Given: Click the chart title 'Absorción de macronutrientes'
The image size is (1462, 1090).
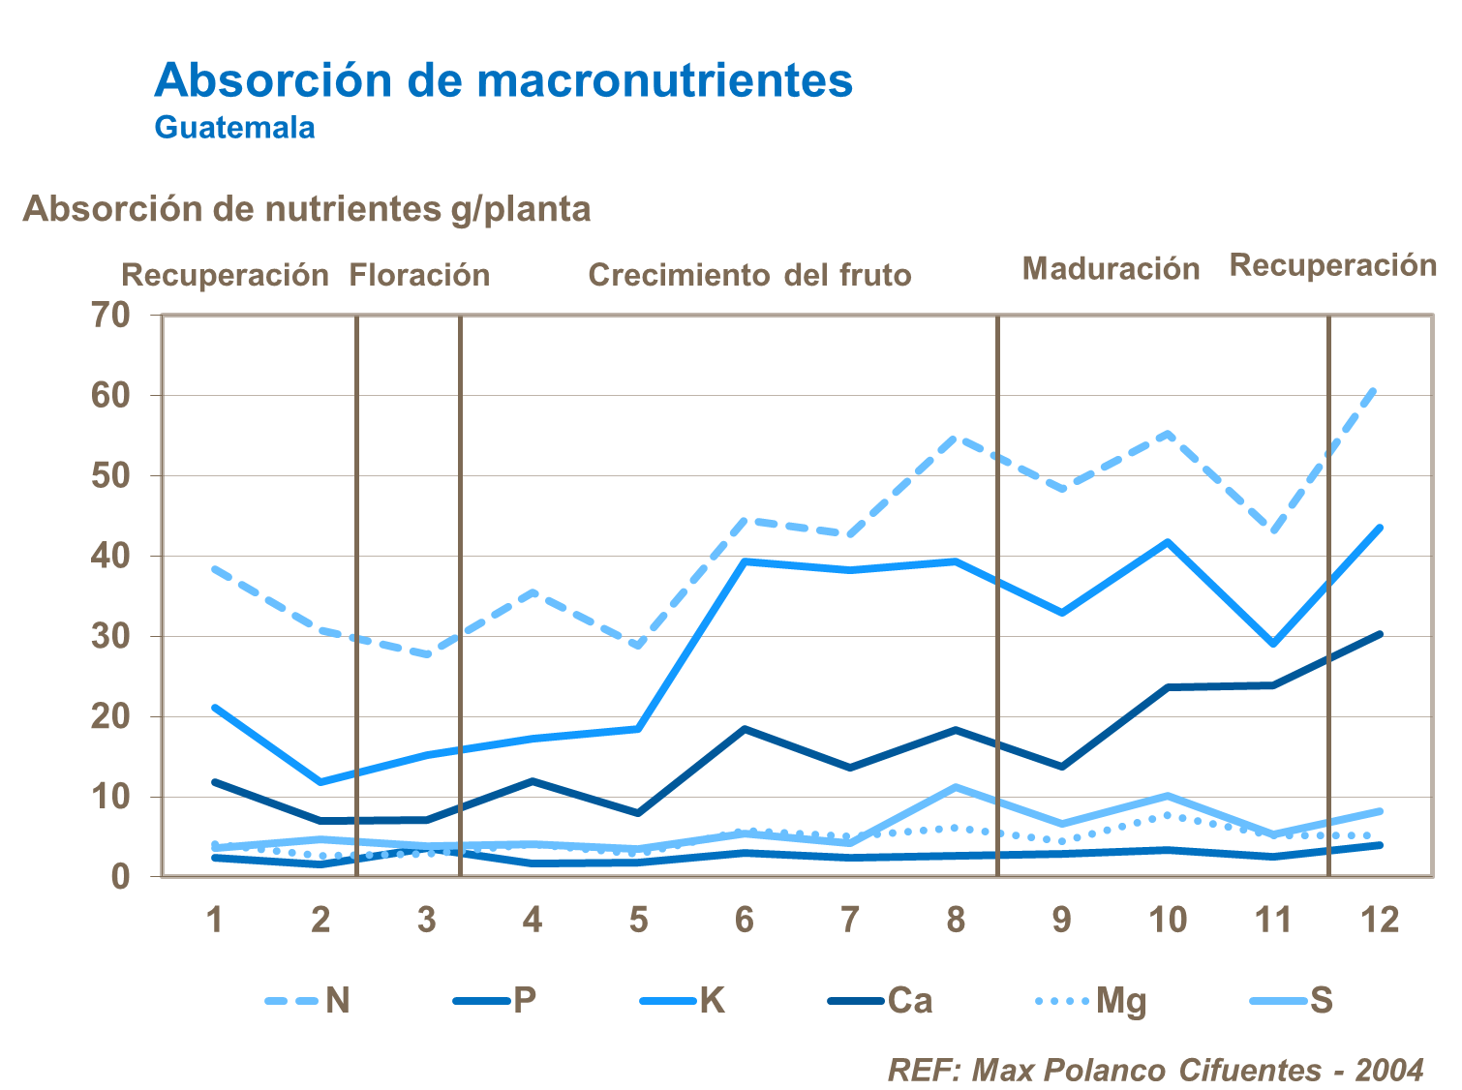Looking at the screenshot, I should pyautogui.click(x=503, y=80).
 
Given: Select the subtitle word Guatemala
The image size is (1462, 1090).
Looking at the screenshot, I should pyautogui.click(x=234, y=128).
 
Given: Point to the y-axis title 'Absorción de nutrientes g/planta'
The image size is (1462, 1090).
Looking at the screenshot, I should pyautogui.click(x=306, y=209).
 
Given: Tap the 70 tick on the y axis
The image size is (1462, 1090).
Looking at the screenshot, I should pyautogui.click(x=110, y=315).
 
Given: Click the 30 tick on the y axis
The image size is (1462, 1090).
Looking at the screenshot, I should pyautogui.click(x=110, y=636).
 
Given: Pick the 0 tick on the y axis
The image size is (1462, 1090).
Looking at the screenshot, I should pyautogui.click(x=120, y=877).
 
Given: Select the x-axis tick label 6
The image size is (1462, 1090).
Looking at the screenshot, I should pyautogui.click(x=744, y=919).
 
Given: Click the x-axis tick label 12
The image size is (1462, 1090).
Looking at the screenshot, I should pyautogui.click(x=1380, y=919).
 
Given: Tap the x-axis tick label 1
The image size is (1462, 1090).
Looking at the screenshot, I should pyautogui.click(x=215, y=919).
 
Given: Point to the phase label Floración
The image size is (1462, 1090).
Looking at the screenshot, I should pyautogui.click(x=419, y=275).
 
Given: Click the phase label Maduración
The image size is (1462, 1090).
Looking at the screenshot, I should pyautogui.click(x=1111, y=268).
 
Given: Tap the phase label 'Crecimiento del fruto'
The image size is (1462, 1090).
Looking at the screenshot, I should pyautogui.click(x=749, y=275).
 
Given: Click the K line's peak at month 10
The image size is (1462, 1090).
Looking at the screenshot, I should pyautogui.click(x=1168, y=542).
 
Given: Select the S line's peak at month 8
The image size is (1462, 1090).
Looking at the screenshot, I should pyautogui.click(x=956, y=787).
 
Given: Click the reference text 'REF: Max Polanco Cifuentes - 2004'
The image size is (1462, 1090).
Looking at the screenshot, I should pyautogui.click(x=1155, y=1070).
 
